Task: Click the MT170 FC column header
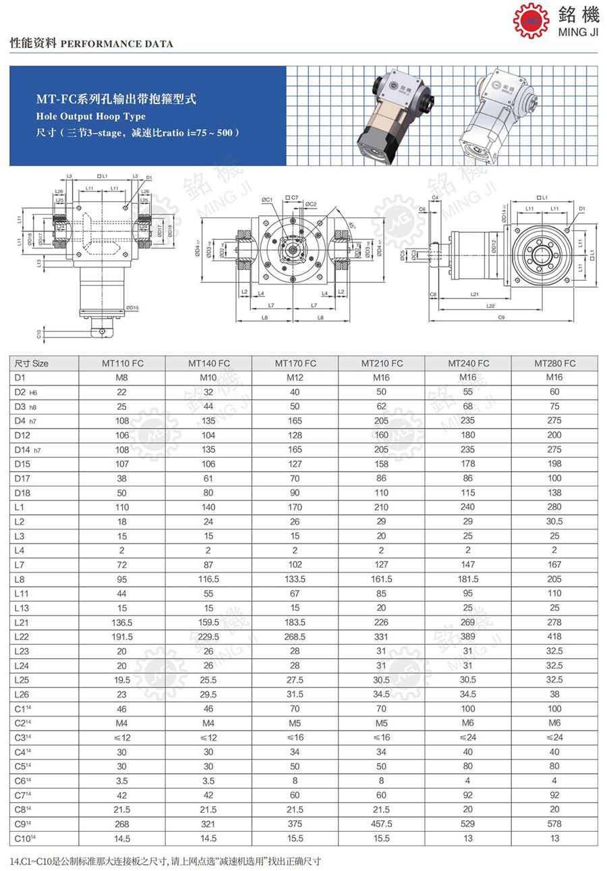pyautogui.click(x=295, y=363)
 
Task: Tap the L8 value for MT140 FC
pyautogui.click(x=208, y=579)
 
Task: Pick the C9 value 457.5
pyautogui.click(x=381, y=824)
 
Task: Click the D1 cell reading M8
pyautogui.click(x=122, y=377)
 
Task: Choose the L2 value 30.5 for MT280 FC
pyautogui.click(x=554, y=521)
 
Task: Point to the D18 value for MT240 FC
pyautogui.click(x=468, y=493)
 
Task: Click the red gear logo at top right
pyautogui.click(x=531, y=20)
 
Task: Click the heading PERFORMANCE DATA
pyautogui.click(x=117, y=44)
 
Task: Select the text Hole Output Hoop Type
pyautogui.click(x=90, y=117)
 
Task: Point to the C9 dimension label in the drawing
pyautogui.click(x=500, y=317)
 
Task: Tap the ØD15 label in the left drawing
pyautogui.click(x=132, y=307)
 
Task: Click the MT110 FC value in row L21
pyautogui.click(x=122, y=622)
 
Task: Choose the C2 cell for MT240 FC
pyautogui.click(x=468, y=723)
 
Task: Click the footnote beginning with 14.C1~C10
pyautogui.click(x=165, y=862)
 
